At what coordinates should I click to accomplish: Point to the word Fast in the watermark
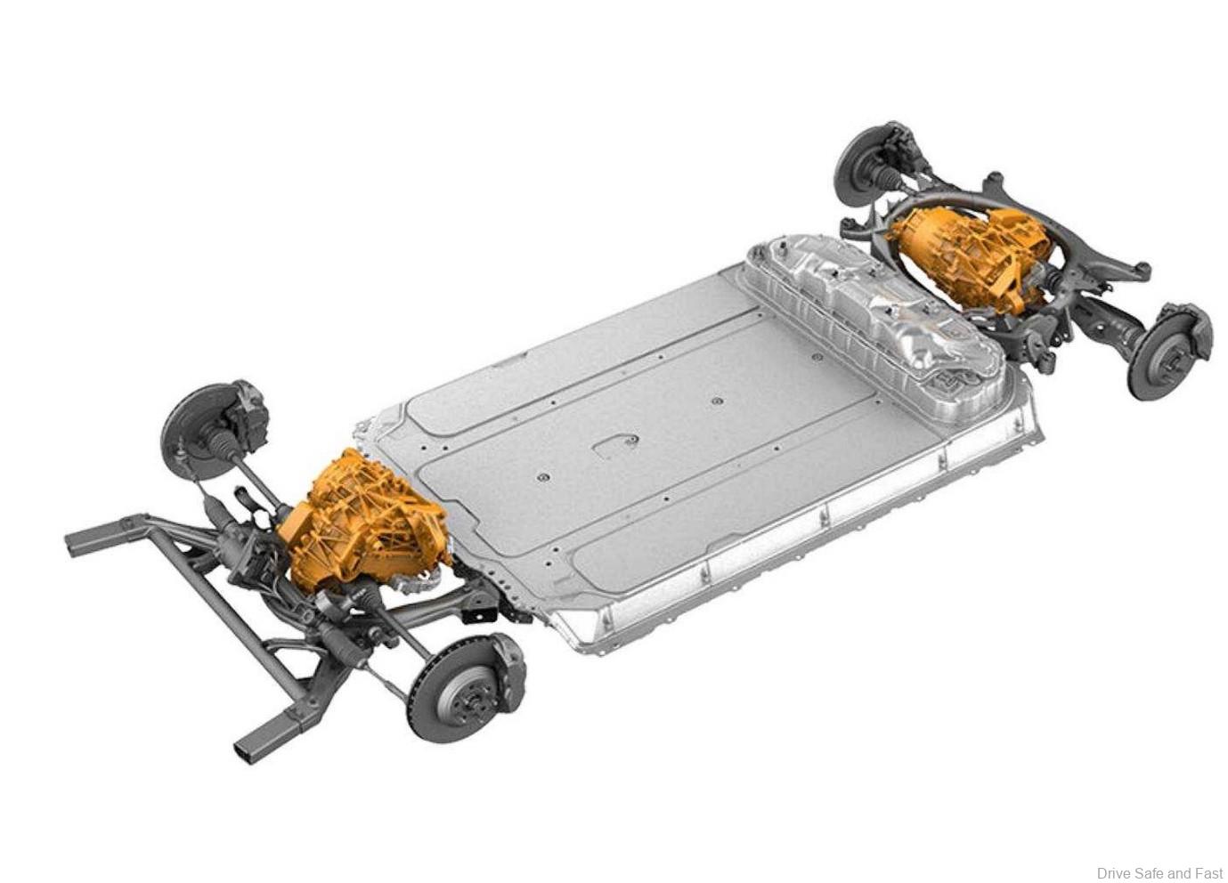[x=1209, y=872]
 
